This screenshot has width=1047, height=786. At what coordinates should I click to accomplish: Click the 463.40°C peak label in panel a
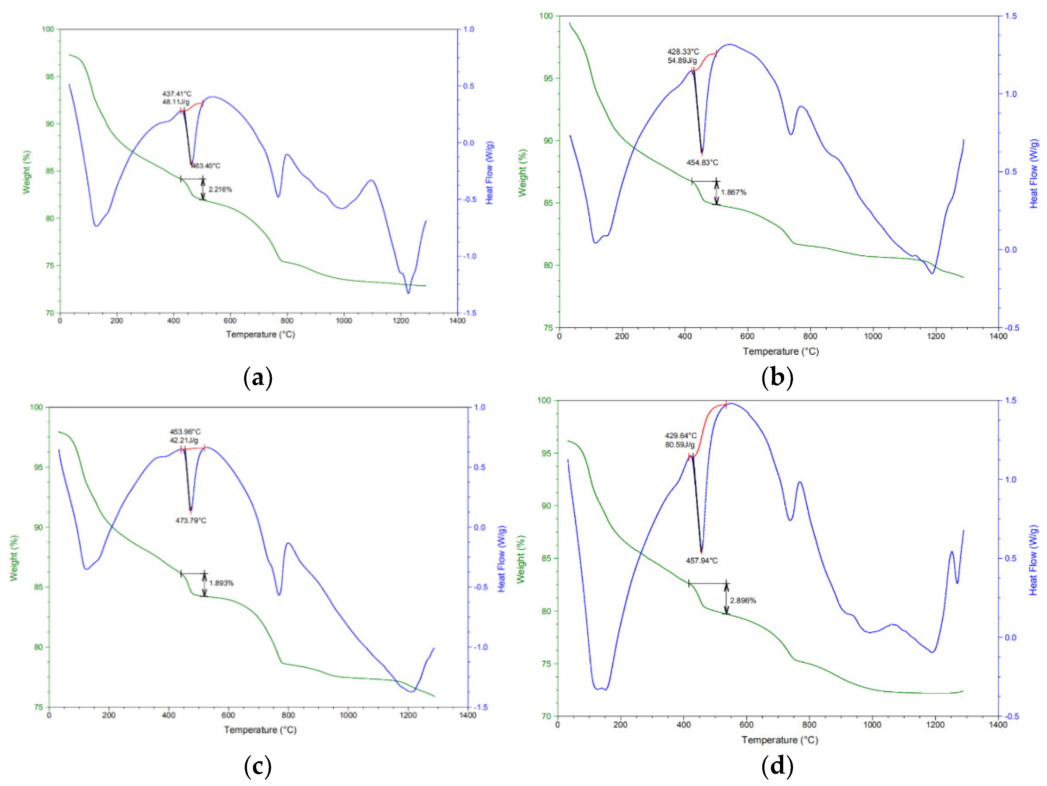(206, 166)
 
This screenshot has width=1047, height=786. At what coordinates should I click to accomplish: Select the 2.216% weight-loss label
(220, 189)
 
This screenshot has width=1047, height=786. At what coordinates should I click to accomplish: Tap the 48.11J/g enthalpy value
(176, 102)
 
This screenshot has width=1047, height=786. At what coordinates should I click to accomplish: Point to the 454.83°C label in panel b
(703, 162)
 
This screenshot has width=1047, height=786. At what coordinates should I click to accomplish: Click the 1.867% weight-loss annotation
(734, 192)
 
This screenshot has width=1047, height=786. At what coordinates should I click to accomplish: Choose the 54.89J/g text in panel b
(682, 61)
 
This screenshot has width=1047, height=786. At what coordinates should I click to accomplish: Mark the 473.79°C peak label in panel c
(191, 521)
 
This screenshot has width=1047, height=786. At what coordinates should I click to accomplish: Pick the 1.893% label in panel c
(222, 583)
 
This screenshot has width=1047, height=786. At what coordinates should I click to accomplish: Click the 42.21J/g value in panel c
(184, 440)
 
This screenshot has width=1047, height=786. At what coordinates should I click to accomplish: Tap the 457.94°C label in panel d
(702, 561)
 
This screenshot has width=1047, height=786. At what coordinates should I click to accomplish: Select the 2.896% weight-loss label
(743, 601)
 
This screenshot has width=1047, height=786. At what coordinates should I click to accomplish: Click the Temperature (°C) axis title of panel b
(781, 351)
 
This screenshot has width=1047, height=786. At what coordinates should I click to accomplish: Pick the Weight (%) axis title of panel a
(26, 172)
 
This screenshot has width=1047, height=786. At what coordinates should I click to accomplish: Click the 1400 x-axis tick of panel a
(457, 320)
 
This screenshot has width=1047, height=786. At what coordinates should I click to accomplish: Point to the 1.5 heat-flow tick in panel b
(1010, 16)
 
